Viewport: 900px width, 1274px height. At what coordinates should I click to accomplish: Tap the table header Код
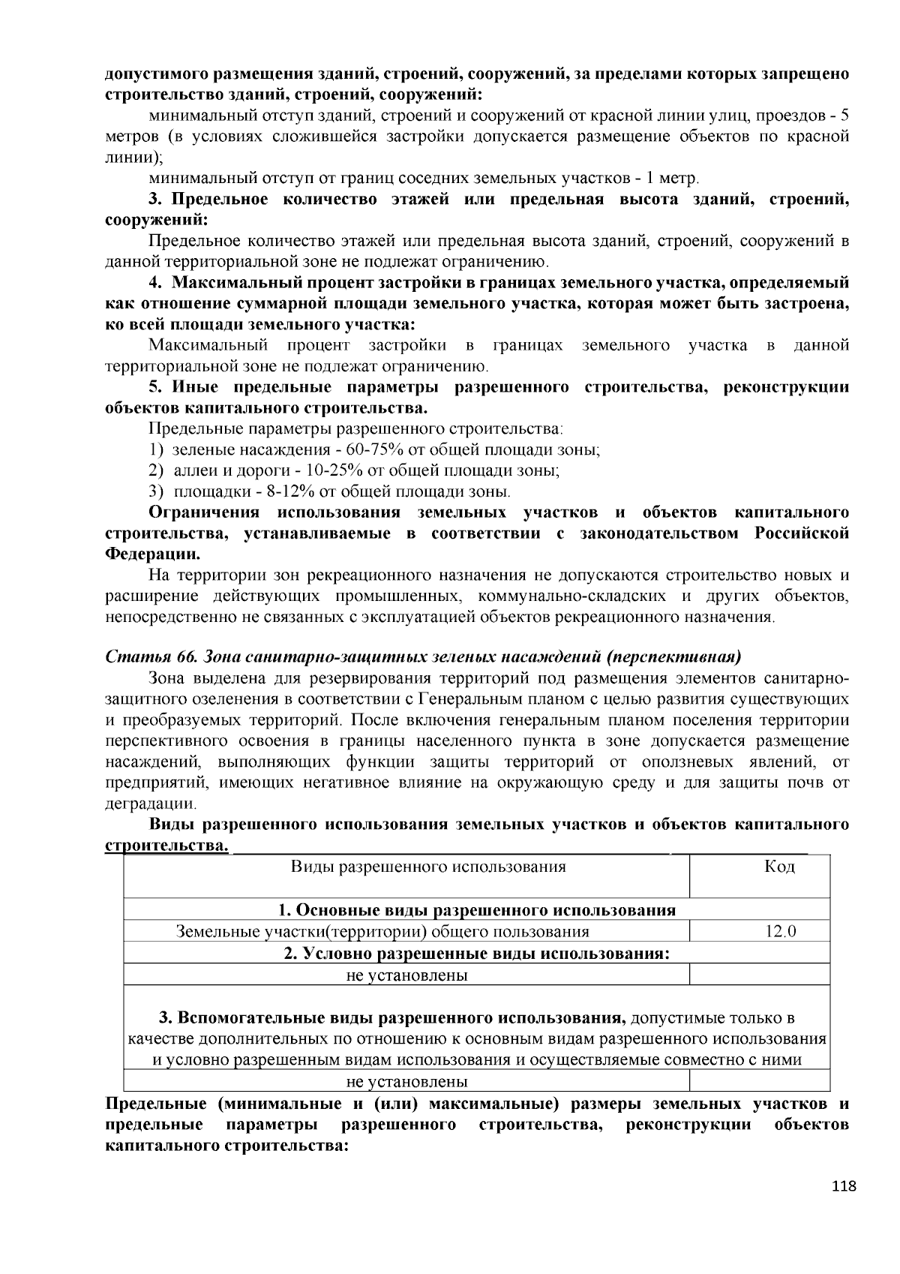779,867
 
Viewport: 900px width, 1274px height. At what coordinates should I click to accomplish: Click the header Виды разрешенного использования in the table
428,867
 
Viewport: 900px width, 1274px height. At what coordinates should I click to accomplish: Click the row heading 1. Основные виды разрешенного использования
477,910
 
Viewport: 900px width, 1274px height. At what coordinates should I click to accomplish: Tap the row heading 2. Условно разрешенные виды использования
477,954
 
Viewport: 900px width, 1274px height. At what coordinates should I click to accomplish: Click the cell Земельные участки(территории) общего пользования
382,932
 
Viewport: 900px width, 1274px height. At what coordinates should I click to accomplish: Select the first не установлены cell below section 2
406,975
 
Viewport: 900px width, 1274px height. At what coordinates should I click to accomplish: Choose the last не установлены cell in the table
406,1082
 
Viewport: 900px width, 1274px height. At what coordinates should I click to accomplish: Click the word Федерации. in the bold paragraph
152,555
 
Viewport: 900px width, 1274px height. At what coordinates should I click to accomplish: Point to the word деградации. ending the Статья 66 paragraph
151,804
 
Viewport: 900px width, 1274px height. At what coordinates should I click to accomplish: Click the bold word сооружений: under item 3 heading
156,221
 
